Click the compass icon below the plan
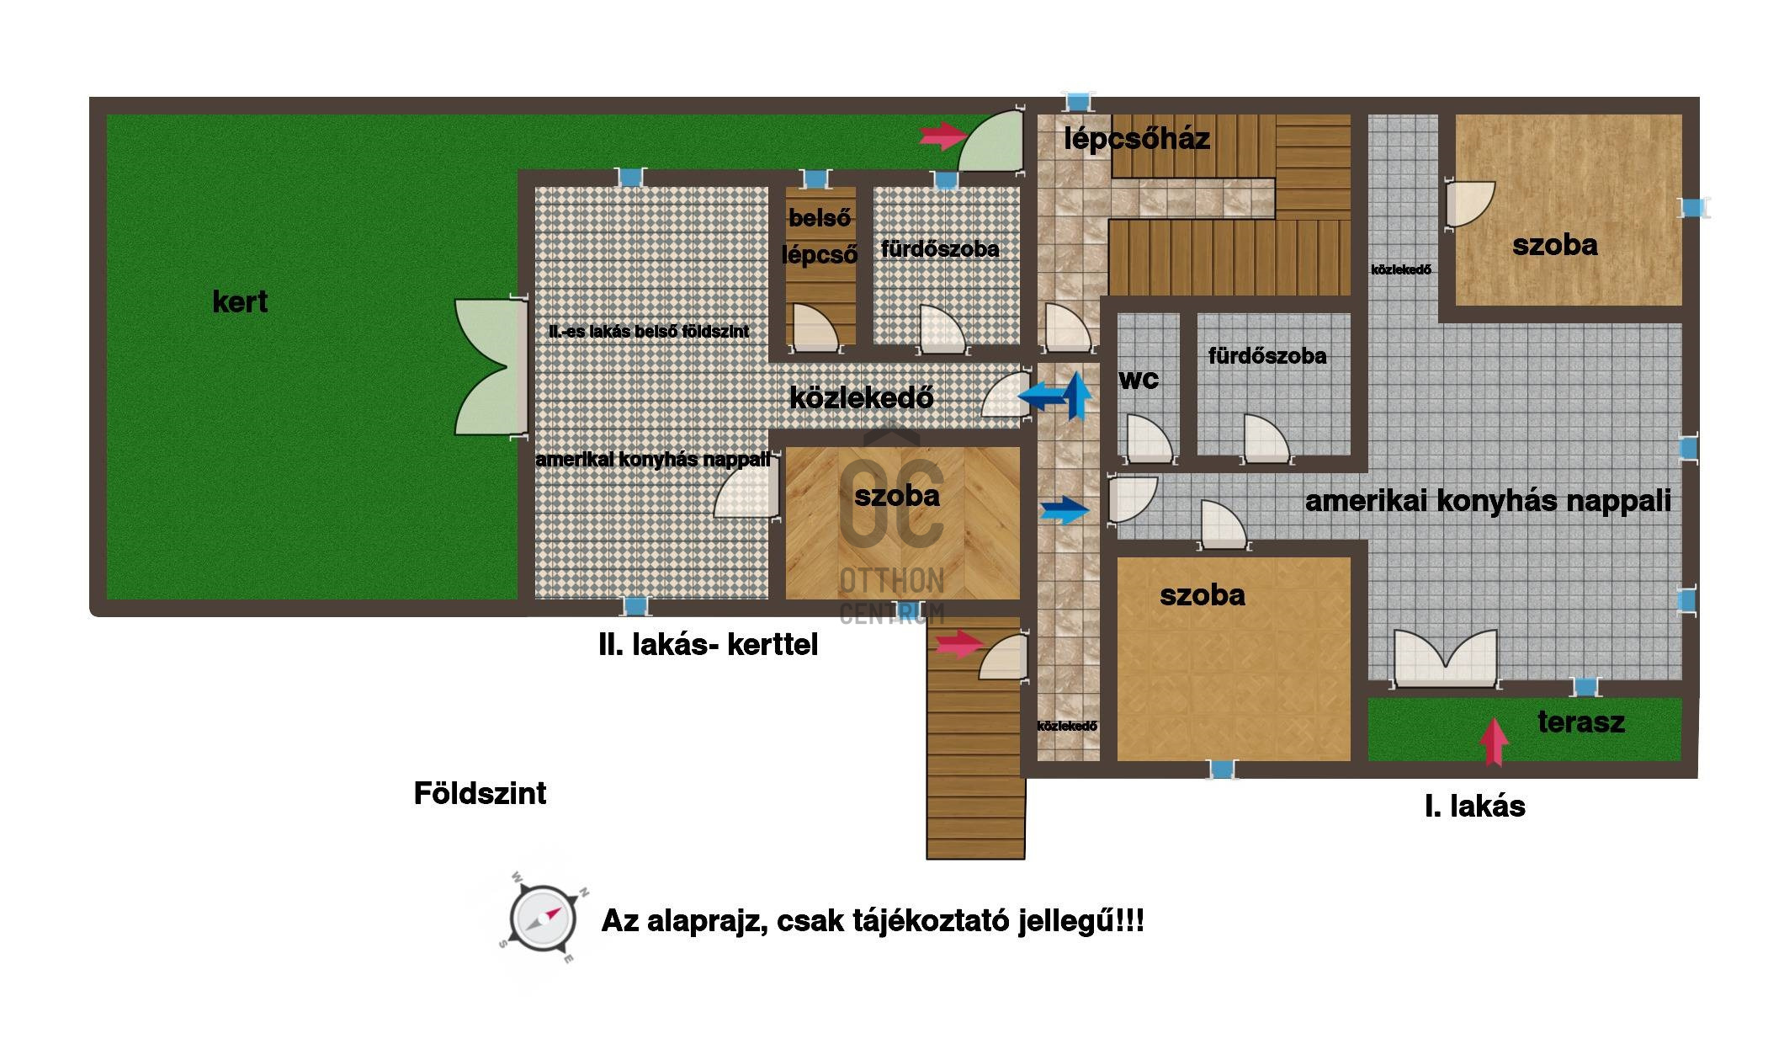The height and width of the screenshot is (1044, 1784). coord(542,919)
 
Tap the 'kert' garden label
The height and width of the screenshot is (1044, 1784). coord(240,301)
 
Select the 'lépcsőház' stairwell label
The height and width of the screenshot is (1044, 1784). coord(1137,139)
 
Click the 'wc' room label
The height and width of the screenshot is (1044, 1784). coord(1139,380)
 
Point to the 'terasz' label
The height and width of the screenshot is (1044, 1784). coord(1581,722)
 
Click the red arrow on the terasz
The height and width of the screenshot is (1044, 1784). coord(1495,741)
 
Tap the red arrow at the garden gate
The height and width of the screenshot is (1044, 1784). coord(943,135)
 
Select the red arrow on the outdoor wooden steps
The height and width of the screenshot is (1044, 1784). coord(960,644)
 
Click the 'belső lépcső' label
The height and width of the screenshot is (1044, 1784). coord(820,237)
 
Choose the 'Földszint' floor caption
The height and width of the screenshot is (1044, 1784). coord(480,793)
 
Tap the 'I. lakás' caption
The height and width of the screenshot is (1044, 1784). coord(1475,807)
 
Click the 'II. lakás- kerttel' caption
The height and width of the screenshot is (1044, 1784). coord(708,645)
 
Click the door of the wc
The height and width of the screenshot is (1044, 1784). coord(1145,439)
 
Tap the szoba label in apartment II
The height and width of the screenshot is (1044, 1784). coord(897,495)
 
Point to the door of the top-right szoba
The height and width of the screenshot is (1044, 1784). coord(1468,205)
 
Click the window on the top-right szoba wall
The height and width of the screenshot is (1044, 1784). coord(1693,208)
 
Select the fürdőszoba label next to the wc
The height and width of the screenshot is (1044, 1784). coord(1267,356)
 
